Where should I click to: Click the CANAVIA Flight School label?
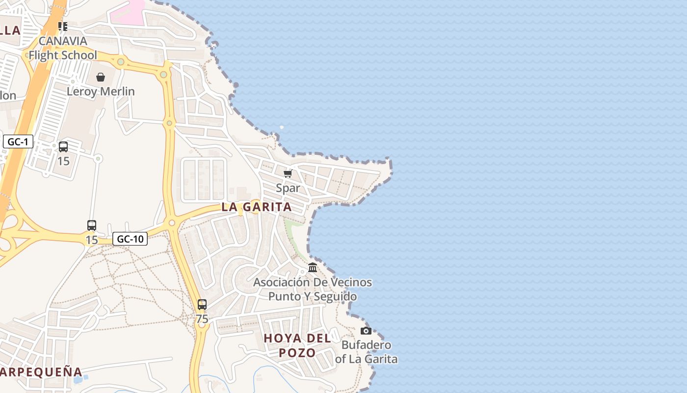point(63,48)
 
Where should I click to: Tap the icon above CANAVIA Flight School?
point(62,26)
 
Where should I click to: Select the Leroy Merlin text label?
point(101,91)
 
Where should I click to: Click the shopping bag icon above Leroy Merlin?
point(101,77)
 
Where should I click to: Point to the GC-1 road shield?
point(18,142)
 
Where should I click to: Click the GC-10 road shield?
point(130,239)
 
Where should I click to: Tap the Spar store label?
point(288,188)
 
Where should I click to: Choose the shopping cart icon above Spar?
point(288,173)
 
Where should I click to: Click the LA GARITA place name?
point(257,207)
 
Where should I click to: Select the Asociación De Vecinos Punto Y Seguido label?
point(313,289)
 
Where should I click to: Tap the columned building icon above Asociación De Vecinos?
point(313,268)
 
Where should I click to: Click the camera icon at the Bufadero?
point(366,331)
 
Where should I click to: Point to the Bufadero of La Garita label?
point(367,352)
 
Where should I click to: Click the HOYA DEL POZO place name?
point(297,345)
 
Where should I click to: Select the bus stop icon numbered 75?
point(202,305)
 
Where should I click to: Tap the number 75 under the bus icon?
point(202,319)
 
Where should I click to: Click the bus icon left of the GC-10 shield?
point(92,225)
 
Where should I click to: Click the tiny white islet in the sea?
point(282,127)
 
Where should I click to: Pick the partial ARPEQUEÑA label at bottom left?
point(41,371)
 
